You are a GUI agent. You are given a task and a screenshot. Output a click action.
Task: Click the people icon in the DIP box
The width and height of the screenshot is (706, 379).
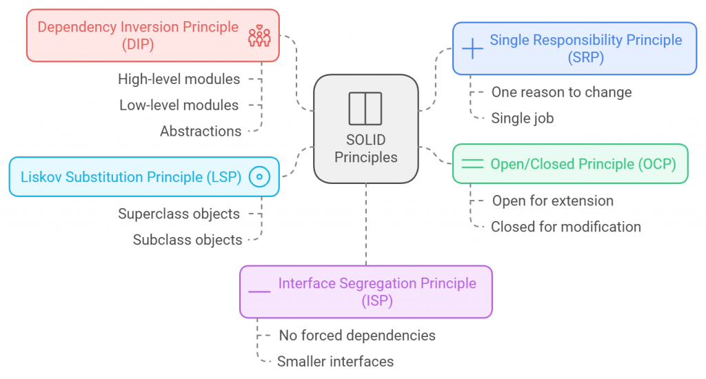coord(259,37)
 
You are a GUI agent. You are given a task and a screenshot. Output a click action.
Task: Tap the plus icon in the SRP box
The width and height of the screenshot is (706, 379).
coord(472,48)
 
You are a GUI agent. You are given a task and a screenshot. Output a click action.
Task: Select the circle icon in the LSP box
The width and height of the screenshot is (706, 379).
coord(259,177)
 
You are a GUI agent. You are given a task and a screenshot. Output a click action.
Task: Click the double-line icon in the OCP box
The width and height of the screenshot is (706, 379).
coord(472,164)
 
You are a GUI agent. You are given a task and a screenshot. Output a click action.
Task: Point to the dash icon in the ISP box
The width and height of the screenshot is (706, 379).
coord(259,292)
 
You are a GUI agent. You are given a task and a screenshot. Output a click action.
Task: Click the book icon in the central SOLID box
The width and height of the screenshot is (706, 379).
coord(365,108)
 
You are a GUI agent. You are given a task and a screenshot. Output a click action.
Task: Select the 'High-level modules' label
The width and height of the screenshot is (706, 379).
coord(179,79)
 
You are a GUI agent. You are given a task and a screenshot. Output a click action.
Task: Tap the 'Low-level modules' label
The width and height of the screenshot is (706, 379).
coord(179,105)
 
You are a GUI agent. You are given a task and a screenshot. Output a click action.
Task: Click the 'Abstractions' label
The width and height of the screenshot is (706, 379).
coord(201,131)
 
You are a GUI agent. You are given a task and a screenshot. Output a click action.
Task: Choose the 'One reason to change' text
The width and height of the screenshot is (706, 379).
coord(561,92)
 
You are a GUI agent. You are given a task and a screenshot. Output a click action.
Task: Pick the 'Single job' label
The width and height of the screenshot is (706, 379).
coord(522,119)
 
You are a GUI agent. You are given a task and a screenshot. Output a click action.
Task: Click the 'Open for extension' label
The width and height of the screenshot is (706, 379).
coord(552,201)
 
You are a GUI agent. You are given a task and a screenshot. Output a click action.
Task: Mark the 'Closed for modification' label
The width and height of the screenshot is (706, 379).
coord(565,227)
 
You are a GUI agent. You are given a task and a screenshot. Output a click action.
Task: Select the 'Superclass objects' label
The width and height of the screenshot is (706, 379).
coord(179,214)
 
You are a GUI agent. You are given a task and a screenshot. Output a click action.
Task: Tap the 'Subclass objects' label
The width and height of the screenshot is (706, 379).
coord(188,240)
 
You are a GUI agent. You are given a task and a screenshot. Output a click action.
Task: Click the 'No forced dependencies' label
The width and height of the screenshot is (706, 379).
coord(356,336)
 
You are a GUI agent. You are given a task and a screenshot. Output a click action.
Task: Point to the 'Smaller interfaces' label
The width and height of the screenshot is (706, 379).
coord(335,361)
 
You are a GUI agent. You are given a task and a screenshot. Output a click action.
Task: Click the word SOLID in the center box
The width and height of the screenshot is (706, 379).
coord(365,140)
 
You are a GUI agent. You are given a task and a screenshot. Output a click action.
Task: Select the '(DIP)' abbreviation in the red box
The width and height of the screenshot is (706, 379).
coord(138,45)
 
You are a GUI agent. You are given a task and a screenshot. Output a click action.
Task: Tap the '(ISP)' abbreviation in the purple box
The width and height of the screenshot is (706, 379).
coord(377,301)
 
